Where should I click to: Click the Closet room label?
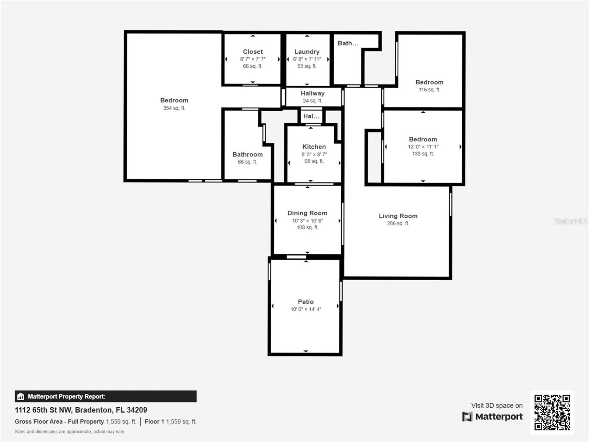point(253,52)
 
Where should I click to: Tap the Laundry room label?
point(307,52)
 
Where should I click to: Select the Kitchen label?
point(314,147)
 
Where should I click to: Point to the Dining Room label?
point(307,213)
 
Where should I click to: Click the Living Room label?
point(398,216)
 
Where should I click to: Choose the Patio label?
point(306,302)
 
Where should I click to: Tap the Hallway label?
point(312,94)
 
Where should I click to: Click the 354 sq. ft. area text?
point(174,108)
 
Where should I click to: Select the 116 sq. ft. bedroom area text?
point(429,90)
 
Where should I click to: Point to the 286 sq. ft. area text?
point(398,223)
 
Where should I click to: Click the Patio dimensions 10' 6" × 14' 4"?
point(306,309)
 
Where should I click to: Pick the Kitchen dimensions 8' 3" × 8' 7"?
point(314,154)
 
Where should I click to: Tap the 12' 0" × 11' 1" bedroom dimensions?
point(423,147)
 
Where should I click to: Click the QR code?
point(552,412)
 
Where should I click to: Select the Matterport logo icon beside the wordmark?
point(467,417)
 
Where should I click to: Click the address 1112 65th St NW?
point(43,410)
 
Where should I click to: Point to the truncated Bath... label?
point(348,43)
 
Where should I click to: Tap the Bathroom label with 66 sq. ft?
point(247,155)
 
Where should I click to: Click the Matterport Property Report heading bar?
point(105,396)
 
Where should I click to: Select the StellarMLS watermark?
point(571,221)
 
